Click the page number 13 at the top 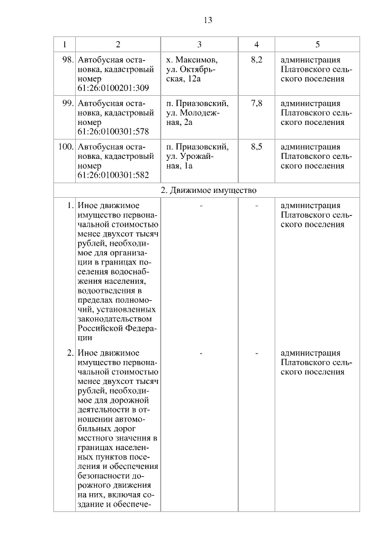208,20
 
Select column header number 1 64,44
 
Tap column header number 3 199,44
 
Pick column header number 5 318,44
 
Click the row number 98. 67,60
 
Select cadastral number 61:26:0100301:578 113,132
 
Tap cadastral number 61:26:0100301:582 113,175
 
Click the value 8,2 256,60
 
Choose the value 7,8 256,104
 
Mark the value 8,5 256,147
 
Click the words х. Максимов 192,60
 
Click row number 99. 67,104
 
